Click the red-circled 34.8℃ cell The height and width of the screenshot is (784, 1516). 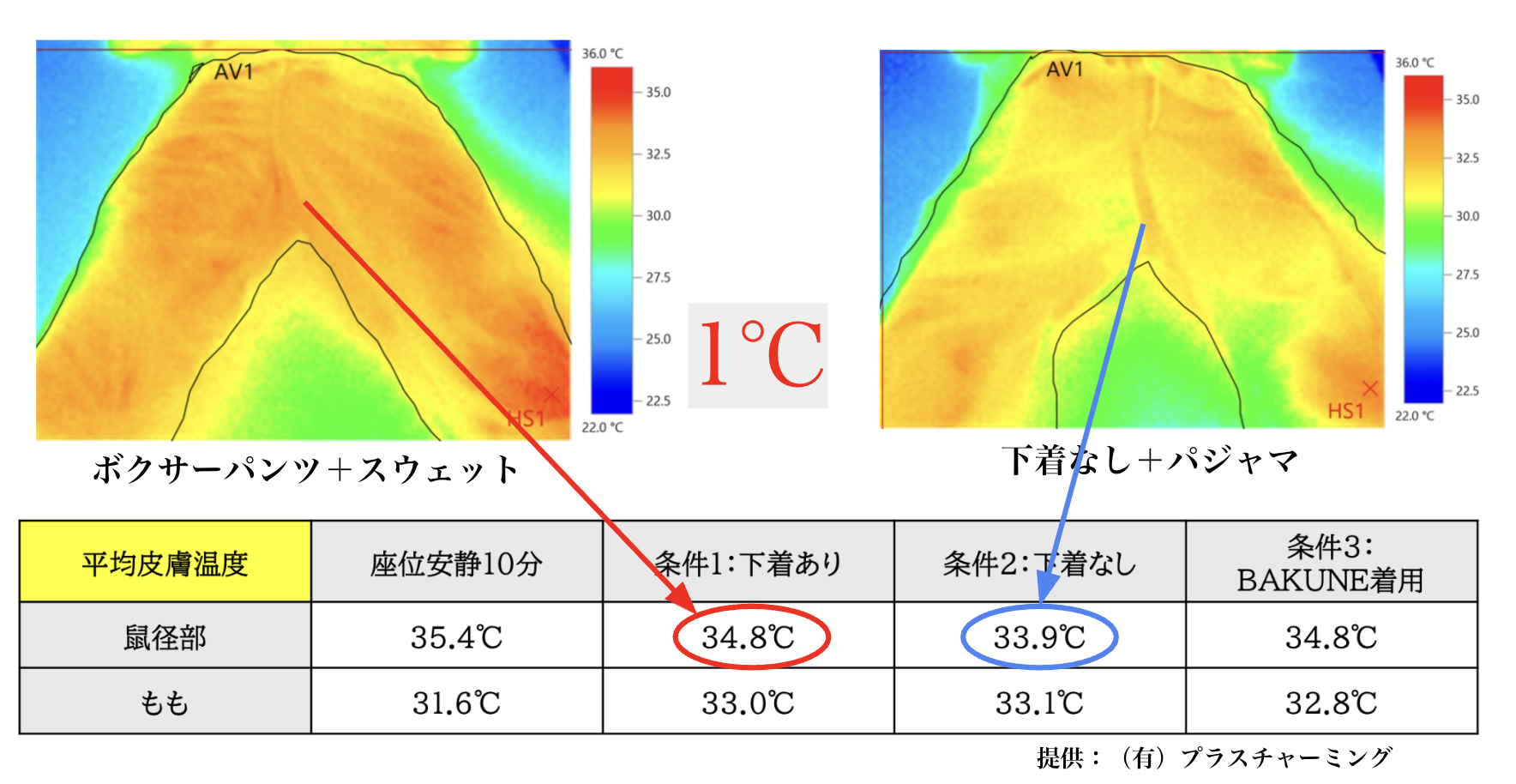pos(749,636)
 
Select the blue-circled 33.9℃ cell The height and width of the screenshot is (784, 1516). pos(1039,636)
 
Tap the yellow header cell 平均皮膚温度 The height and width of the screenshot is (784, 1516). pos(165,564)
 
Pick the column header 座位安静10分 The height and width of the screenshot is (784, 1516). pos(456,564)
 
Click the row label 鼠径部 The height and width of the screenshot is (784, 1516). pos(165,637)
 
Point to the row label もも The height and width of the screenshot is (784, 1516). pos(165,703)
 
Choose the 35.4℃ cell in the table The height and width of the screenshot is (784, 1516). pos(456,637)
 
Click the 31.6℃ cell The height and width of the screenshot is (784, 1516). pos(456,703)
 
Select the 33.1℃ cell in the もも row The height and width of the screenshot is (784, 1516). pos(1039,703)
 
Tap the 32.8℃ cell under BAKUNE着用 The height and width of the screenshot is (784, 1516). pos(1331,703)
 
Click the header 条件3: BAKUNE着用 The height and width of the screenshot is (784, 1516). pos(1331,563)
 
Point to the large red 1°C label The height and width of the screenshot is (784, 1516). pos(760,355)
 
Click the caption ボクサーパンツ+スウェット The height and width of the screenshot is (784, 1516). pos(305,469)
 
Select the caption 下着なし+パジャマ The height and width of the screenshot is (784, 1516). pos(1149,461)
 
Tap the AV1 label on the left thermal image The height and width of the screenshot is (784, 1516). pos(233,72)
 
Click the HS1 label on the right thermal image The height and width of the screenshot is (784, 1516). pos(1345,412)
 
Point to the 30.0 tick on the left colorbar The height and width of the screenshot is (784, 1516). pos(658,215)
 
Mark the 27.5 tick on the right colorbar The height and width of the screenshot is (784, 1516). pos(1467,274)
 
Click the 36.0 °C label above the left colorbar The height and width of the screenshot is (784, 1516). pos(602,53)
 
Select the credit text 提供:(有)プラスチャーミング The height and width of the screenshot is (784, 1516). pos(1213,757)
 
